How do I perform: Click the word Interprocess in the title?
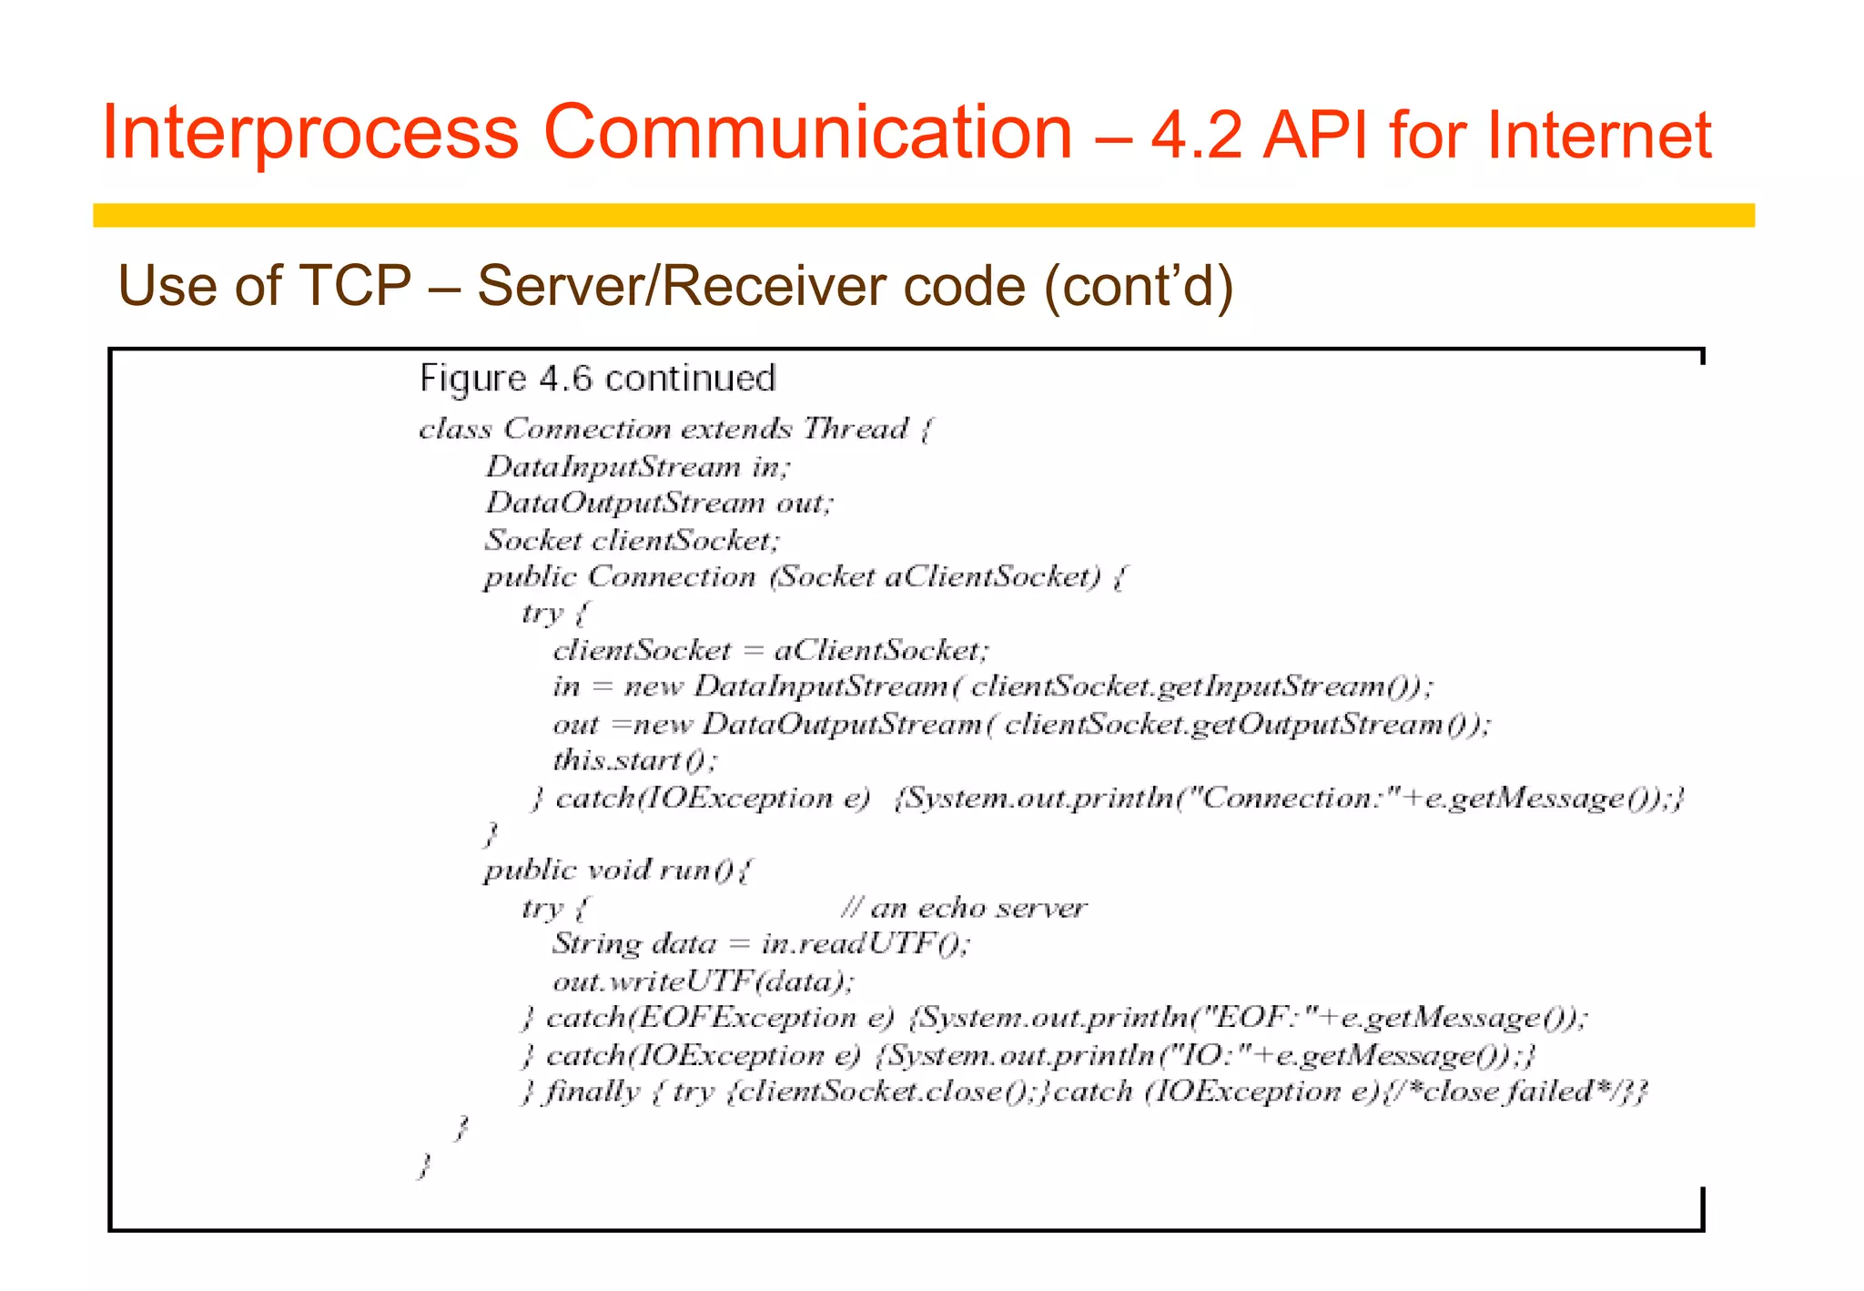pyautogui.click(x=309, y=133)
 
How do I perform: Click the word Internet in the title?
pyautogui.click(x=1599, y=135)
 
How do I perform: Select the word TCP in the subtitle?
pyautogui.click(x=356, y=285)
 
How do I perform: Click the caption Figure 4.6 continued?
pyautogui.click(x=597, y=378)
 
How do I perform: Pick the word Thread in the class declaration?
pyautogui.click(x=856, y=428)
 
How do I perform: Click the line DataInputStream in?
pyautogui.click(x=637, y=466)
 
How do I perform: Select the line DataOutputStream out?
pyautogui.click(x=658, y=503)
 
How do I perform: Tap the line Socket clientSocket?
pyautogui.click(x=632, y=540)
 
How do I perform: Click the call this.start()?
pyautogui.click(x=634, y=759)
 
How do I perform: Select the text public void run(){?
pyautogui.click(x=617, y=870)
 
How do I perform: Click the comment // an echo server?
pyautogui.click(x=963, y=908)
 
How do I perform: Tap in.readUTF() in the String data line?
pyautogui.click(x=865, y=943)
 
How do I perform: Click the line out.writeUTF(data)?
pyautogui.click(x=703, y=981)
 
